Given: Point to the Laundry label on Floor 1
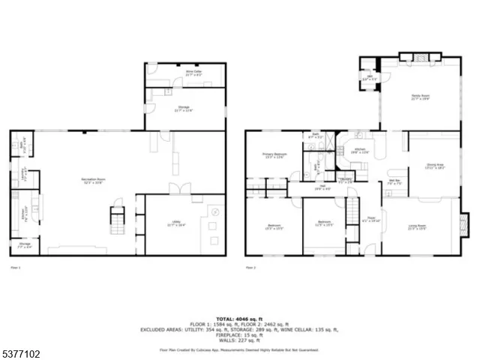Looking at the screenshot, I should (23, 178).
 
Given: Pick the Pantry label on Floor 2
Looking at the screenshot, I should (346, 180).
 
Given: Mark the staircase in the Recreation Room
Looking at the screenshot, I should (116, 222).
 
